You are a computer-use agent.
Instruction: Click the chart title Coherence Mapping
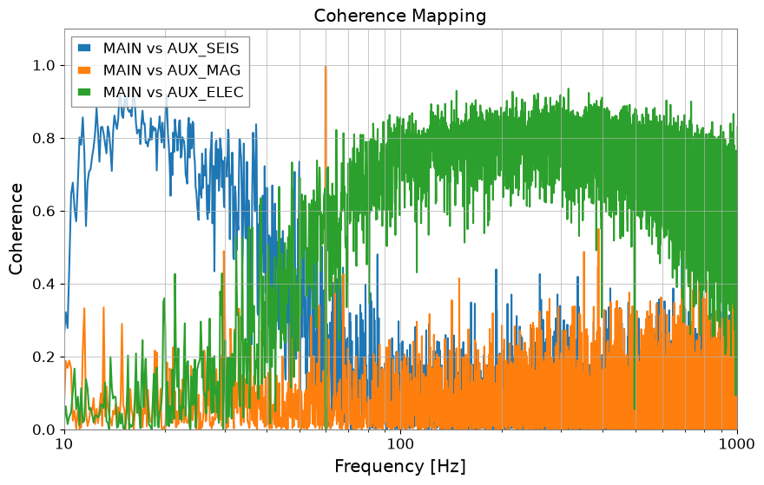[x=399, y=16]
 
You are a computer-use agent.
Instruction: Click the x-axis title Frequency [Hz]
[x=399, y=467]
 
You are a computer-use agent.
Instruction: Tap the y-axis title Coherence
[x=16, y=229]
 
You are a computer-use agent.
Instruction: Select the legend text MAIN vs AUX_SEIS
[x=171, y=49]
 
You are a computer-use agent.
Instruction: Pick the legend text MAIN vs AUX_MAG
[x=172, y=70]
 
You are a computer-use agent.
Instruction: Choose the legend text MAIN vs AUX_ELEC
[x=174, y=92]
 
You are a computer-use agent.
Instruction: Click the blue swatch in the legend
[x=84, y=49]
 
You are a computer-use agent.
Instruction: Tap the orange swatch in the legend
[x=84, y=70]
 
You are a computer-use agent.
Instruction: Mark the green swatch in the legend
[x=84, y=92]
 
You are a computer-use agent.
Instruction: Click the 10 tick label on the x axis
[x=64, y=444]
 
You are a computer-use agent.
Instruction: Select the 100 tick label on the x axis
[x=400, y=444]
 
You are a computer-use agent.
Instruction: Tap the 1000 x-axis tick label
[x=737, y=444]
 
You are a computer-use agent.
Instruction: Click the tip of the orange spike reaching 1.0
[x=326, y=66]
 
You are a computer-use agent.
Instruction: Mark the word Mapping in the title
[x=449, y=16]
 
